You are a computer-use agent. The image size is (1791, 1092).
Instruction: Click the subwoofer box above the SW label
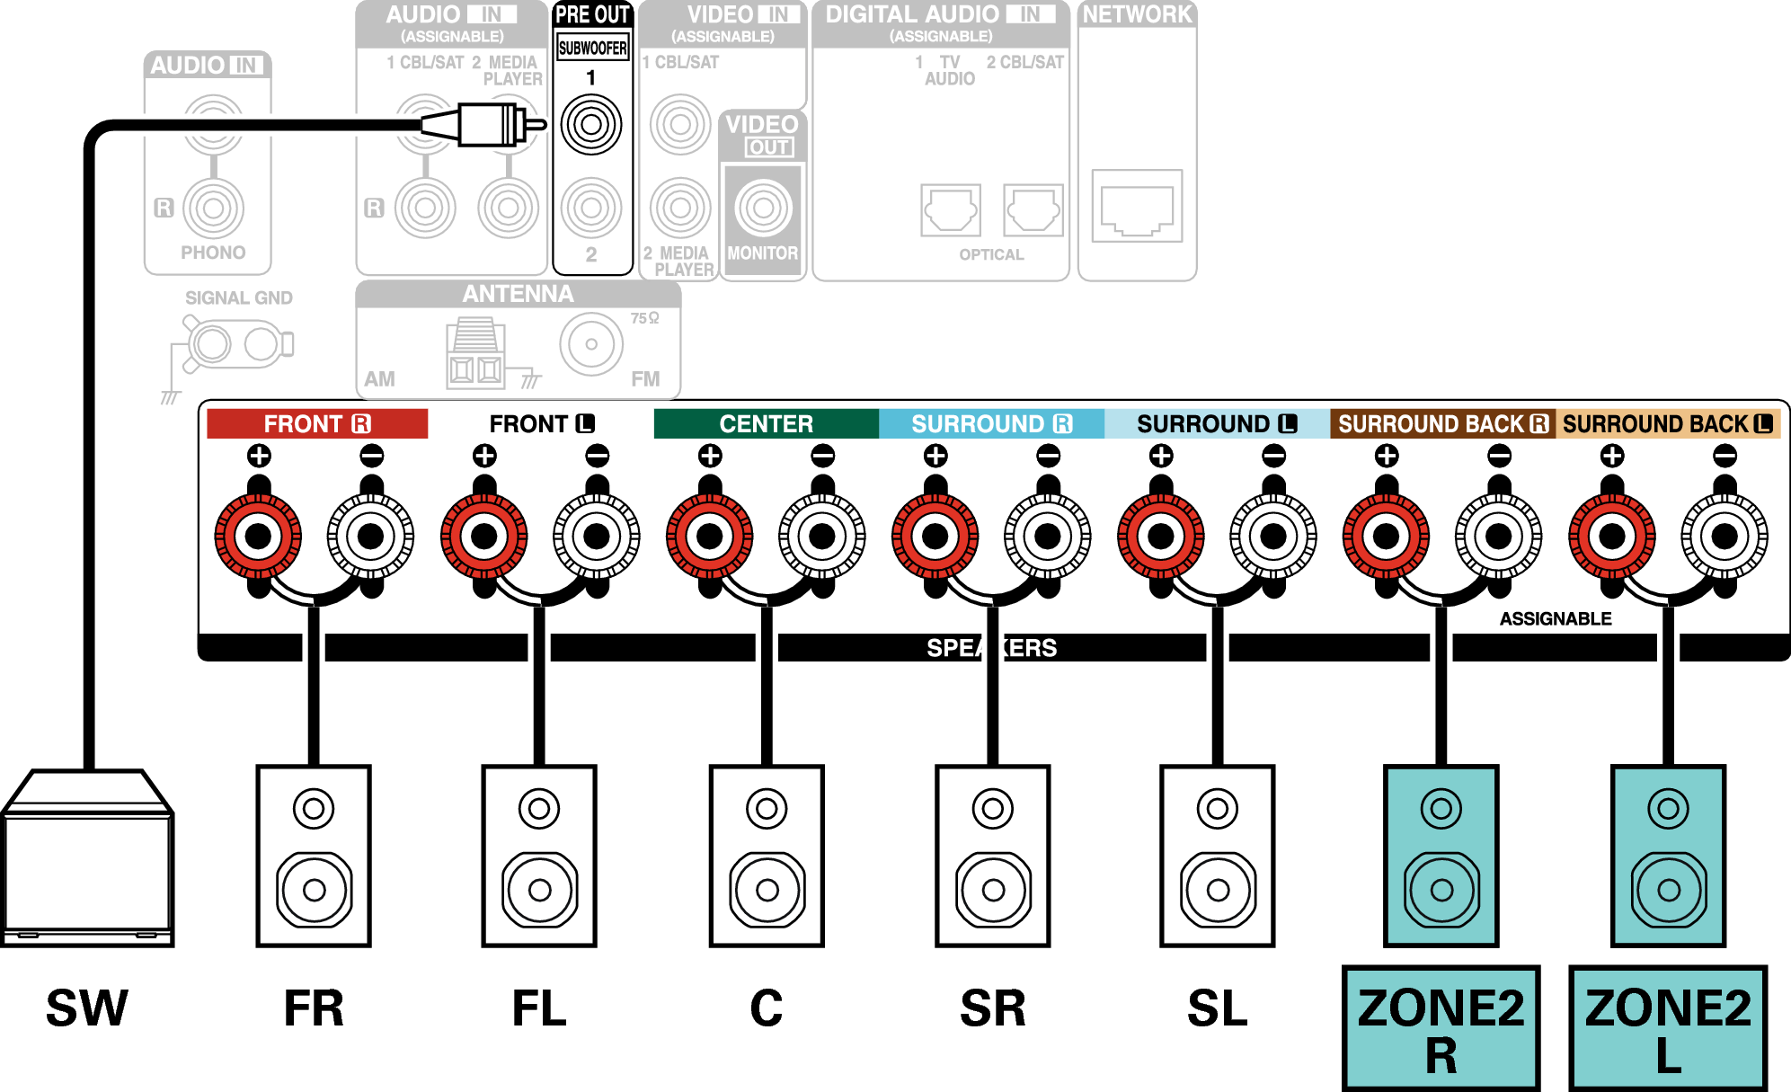(x=87, y=858)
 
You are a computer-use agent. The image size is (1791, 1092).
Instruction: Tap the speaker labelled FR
(x=314, y=856)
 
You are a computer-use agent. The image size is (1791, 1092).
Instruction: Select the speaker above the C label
(x=767, y=856)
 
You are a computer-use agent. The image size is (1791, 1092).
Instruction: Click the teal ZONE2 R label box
(x=1441, y=1028)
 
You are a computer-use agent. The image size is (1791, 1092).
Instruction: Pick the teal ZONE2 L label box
(x=1668, y=1028)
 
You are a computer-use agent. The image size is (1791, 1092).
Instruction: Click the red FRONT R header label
(x=316, y=423)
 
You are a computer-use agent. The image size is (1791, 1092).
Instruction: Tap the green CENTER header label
(x=766, y=423)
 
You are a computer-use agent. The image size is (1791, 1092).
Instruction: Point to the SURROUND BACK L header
(x=1668, y=423)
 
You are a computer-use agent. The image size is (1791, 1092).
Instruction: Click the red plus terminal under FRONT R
(x=258, y=537)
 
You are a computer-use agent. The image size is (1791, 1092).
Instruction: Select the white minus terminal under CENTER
(x=822, y=537)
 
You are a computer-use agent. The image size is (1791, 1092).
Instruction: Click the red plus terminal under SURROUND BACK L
(x=1612, y=537)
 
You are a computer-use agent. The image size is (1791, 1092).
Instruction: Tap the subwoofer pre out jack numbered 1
(x=590, y=124)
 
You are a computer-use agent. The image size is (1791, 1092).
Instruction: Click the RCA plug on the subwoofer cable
(x=490, y=124)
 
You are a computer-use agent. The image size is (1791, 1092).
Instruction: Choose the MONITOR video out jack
(x=763, y=208)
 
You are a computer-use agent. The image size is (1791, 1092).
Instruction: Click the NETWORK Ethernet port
(x=1137, y=207)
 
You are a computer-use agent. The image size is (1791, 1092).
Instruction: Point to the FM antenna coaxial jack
(x=591, y=344)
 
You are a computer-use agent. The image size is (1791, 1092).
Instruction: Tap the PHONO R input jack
(x=213, y=208)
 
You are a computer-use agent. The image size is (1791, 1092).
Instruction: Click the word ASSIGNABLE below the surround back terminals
(x=1556, y=618)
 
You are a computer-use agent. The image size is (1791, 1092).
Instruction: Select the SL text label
(x=1218, y=1008)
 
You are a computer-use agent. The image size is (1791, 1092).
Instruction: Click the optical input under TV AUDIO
(x=950, y=210)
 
